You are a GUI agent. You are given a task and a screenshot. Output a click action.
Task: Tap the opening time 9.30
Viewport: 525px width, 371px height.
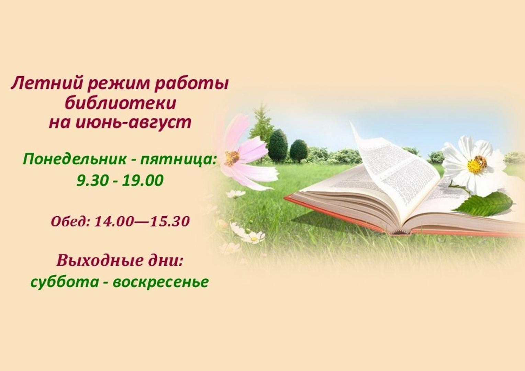(x=92, y=180)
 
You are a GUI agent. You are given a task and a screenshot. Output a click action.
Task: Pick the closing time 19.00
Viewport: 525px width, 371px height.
(x=142, y=180)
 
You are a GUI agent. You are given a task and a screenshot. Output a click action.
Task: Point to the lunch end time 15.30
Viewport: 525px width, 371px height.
(x=170, y=221)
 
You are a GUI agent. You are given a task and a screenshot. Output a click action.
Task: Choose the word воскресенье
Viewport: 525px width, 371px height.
(x=160, y=282)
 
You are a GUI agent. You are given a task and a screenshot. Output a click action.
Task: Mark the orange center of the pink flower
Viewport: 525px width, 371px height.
(x=232, y=157)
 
